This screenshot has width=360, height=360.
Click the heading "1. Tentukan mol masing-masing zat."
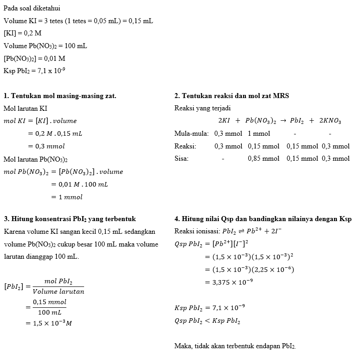click(60, 96)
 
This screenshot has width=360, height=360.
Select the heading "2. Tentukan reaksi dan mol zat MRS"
click(232, 96)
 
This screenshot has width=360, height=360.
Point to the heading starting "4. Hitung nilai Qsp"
click(263, 219)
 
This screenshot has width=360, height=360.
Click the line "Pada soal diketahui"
click(32, 9)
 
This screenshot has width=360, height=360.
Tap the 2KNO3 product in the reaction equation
click(330, 121)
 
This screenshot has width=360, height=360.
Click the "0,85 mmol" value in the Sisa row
click(264, 158)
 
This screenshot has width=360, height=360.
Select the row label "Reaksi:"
click(185, 146)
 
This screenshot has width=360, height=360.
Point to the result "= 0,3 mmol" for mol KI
click(46, 146)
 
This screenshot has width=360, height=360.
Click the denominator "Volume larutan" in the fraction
click(58, 291)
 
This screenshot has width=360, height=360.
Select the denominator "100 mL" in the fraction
click(50, 312)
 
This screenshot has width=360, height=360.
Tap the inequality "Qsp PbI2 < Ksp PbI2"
click(207, 321)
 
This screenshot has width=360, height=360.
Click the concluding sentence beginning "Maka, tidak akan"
click(235, 346)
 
